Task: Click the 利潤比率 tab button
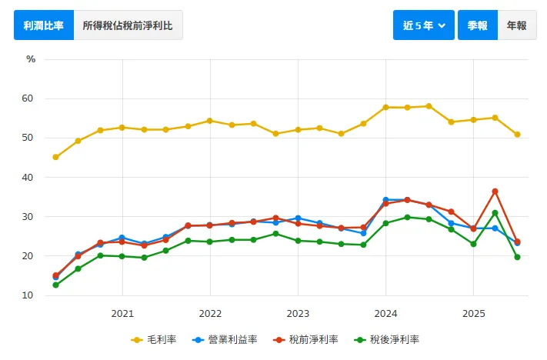44,25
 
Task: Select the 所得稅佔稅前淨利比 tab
128,25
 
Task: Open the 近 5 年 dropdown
423,25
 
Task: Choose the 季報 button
477,25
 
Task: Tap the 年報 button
516,25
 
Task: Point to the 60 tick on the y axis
28,98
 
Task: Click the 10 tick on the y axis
28,295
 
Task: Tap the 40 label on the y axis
28,178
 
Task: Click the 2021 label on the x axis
122,314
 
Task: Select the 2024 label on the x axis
385,314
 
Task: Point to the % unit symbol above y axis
31,59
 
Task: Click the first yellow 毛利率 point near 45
55,157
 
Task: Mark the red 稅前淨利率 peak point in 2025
495,191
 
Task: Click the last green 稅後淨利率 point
517,257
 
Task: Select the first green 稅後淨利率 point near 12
55,285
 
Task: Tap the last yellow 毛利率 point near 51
517,135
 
